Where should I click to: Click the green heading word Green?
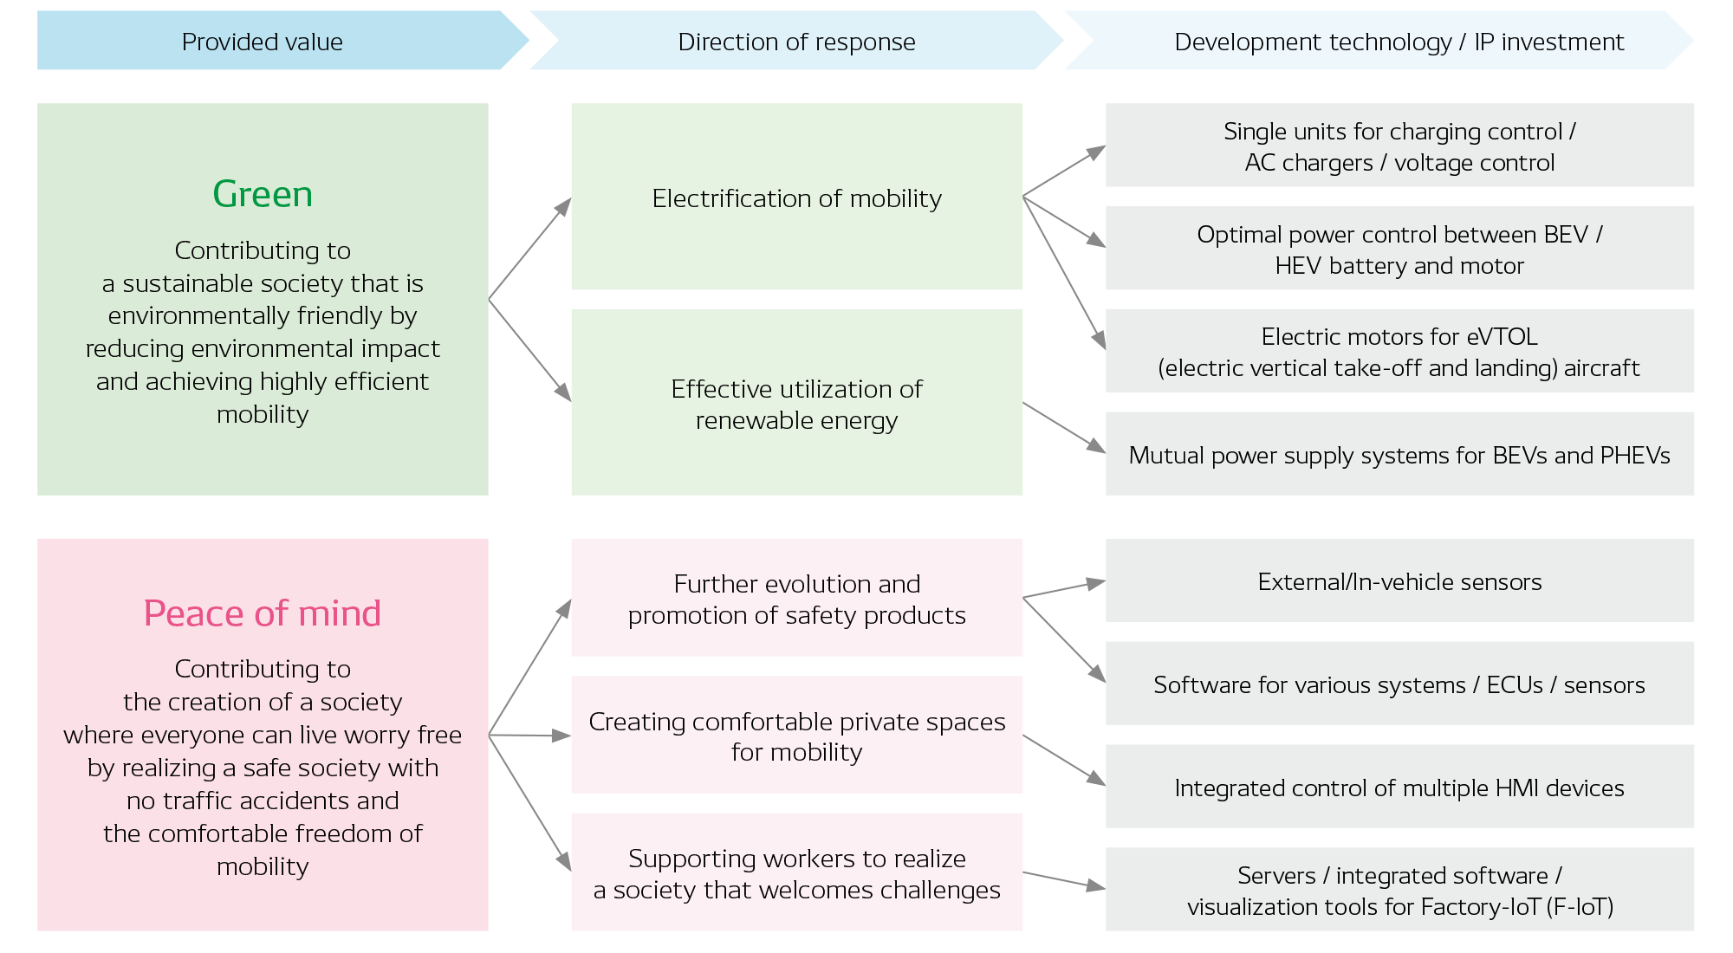click(x=263, y=194)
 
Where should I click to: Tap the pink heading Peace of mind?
click(x=263, y=613)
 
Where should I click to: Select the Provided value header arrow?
click(x=263, y=41)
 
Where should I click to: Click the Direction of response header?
click(x=795, y=41)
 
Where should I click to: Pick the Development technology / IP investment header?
click(x=1398, y=41)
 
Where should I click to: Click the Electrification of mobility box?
click(x=796, y=198)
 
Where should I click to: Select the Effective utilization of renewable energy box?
click(x=796, y=404)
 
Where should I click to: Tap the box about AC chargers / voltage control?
click(x=1399, y=146)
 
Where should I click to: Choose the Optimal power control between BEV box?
click(x=1399, y=250)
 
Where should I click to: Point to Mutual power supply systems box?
click(x=1399, y=455)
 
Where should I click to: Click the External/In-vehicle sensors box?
click(x=1399, y=581)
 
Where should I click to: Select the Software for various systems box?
click(x=1399, y=684)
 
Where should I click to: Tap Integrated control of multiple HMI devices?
click(x=1399, y=788)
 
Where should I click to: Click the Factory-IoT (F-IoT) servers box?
click(x=1399, y=891)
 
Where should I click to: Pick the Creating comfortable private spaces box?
click(x=796, y=736)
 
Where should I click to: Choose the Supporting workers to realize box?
click(x=796, y=873)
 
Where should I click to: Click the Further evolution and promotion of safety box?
click(x=796, y=599)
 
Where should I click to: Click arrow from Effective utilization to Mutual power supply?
click(x=1064, y=427)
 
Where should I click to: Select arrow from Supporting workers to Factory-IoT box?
click(x=1064, y=880)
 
